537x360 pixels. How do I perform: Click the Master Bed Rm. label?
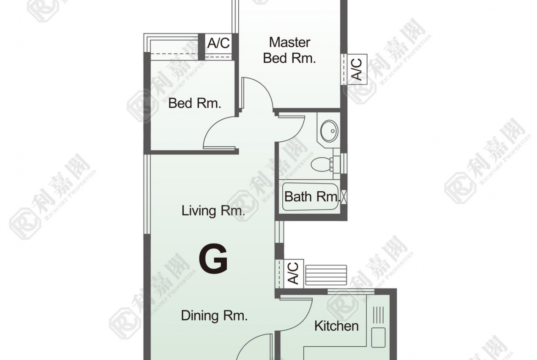(x=289, y=50)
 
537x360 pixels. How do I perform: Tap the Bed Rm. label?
(x=195, y=103)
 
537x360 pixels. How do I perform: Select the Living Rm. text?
(x=213, y=211)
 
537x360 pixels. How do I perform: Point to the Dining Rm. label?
(x=214, y=316)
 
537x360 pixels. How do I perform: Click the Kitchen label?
(x=336, y=326)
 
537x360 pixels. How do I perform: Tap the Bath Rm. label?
(x=311, y=197)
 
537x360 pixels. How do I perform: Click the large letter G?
(x=213, y=260)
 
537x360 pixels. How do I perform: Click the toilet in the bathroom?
(x=321, y=164)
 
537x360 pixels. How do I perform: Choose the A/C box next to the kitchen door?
(x=292, y=273)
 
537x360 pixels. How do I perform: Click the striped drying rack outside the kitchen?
(x=326, y=275)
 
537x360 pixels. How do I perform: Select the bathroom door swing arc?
(x=294, y=131)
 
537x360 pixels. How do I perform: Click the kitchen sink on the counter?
(x=378, y=338)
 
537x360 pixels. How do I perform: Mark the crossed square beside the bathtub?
(x=344, y=198)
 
